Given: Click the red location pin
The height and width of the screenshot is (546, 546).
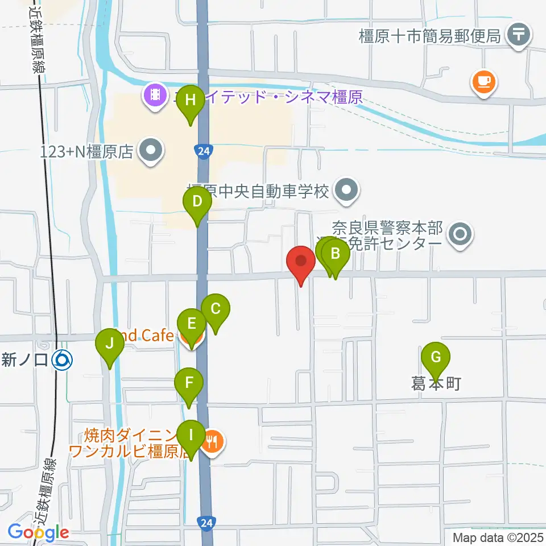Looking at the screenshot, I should click(300, 262).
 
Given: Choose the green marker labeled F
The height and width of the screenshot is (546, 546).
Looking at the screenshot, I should click(189, 384).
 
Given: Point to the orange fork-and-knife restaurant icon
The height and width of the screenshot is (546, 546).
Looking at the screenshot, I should click(212, 440).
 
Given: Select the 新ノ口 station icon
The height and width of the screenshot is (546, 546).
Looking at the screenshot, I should click(61, 359).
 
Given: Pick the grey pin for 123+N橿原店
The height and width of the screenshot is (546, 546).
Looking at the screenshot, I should click(151, 151).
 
